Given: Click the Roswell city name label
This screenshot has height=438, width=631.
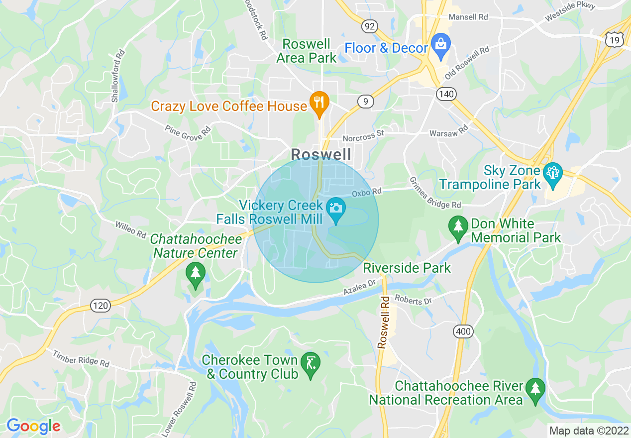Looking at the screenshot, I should tap(321, 154).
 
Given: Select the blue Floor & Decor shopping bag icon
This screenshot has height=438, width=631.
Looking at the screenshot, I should tap(440, 43).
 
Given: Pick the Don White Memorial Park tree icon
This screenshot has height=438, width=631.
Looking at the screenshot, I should tap(457, 227).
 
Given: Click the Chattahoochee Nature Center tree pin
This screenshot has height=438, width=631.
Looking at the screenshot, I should tap(195, 274).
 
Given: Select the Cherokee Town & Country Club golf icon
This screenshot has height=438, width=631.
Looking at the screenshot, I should tap(311, 364).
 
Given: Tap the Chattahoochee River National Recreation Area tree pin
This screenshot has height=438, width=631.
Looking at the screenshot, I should tap(535, 389).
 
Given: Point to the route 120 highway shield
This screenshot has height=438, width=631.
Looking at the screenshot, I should tap(101, 306).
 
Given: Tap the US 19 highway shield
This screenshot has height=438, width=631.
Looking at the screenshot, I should tap(614, 40).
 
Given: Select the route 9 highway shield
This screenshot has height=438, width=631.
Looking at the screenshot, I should tap(366, 102).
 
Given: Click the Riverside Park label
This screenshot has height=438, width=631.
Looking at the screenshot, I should tap(407, 268).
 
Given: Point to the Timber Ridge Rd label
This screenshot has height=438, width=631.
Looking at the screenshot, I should tap(81, 358).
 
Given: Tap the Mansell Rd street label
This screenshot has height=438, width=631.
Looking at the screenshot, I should tap(468, 17).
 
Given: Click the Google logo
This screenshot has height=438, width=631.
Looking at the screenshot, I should tap(33, 426).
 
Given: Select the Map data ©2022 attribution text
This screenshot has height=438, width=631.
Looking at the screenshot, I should tap(588, 430).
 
